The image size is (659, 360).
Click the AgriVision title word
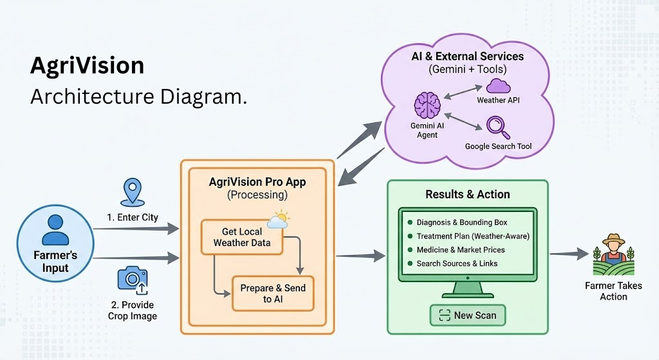click(x=88, y=67)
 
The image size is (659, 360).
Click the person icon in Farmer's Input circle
click(x=55, y=230)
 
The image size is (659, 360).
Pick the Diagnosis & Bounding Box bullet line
click(x=461, y=223)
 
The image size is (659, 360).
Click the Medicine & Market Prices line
click(x=460, y=250)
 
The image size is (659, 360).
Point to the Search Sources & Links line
click(x=457, y=263)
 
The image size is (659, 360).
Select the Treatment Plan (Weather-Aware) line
click(x=472, y=236)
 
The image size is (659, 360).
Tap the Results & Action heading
click(x=467, y=194)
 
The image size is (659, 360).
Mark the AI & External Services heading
click(x=467, y=56)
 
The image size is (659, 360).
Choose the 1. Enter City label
click(x=133, y=217)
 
